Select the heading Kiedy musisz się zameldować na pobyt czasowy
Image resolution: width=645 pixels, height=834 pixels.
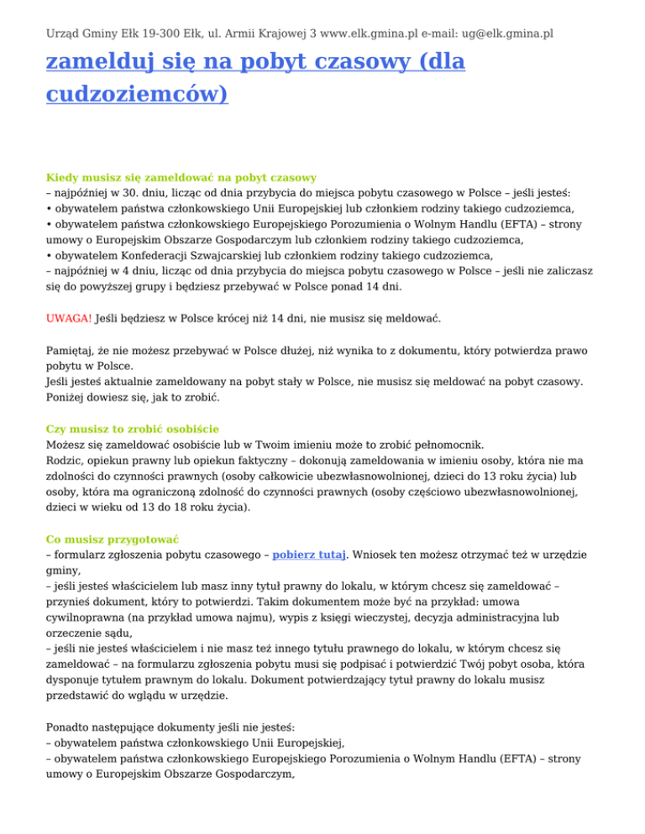(x=181, y=178)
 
